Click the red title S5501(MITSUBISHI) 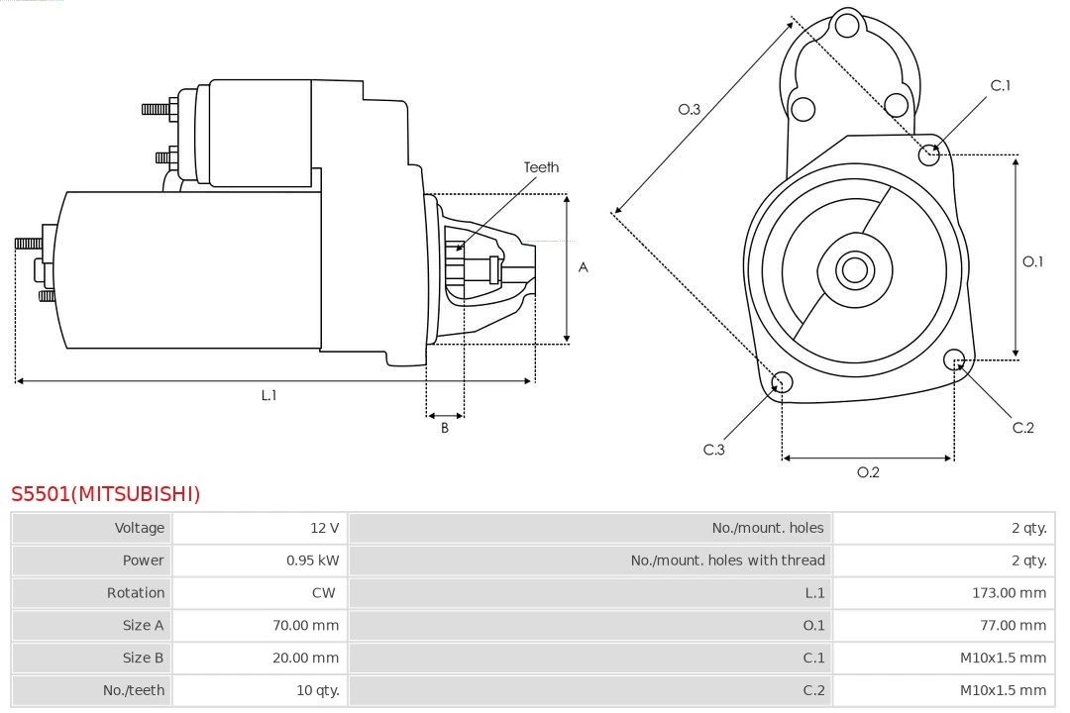coord(105,493)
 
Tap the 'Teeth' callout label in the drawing coord(541,167)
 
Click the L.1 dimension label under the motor coord(268,395)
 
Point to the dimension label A coord(583,267)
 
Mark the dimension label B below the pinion coord(445,429)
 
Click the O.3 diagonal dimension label coord(690,109)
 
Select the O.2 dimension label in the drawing coord(868,472)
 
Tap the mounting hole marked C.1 coord(929,153)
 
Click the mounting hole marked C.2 coord(954,358)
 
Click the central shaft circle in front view coord(853,269)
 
